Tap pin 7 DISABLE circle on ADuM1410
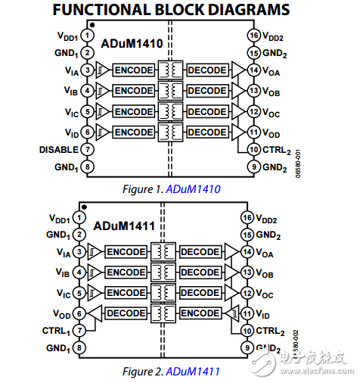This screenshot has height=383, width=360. tap(88, 151)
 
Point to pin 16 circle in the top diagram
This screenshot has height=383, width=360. tap(254, 35)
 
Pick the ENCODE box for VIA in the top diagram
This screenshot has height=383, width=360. tap(133, 70)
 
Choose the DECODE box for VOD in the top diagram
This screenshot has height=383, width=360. tap(206, 132)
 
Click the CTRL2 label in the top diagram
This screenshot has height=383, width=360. tap(278, 150)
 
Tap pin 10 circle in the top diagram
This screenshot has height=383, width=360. tap(254, 150)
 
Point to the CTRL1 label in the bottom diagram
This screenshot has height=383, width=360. tap(56, 331)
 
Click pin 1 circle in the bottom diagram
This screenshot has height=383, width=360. tap(80, 216)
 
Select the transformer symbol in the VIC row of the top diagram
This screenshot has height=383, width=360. tap(169, 111)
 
